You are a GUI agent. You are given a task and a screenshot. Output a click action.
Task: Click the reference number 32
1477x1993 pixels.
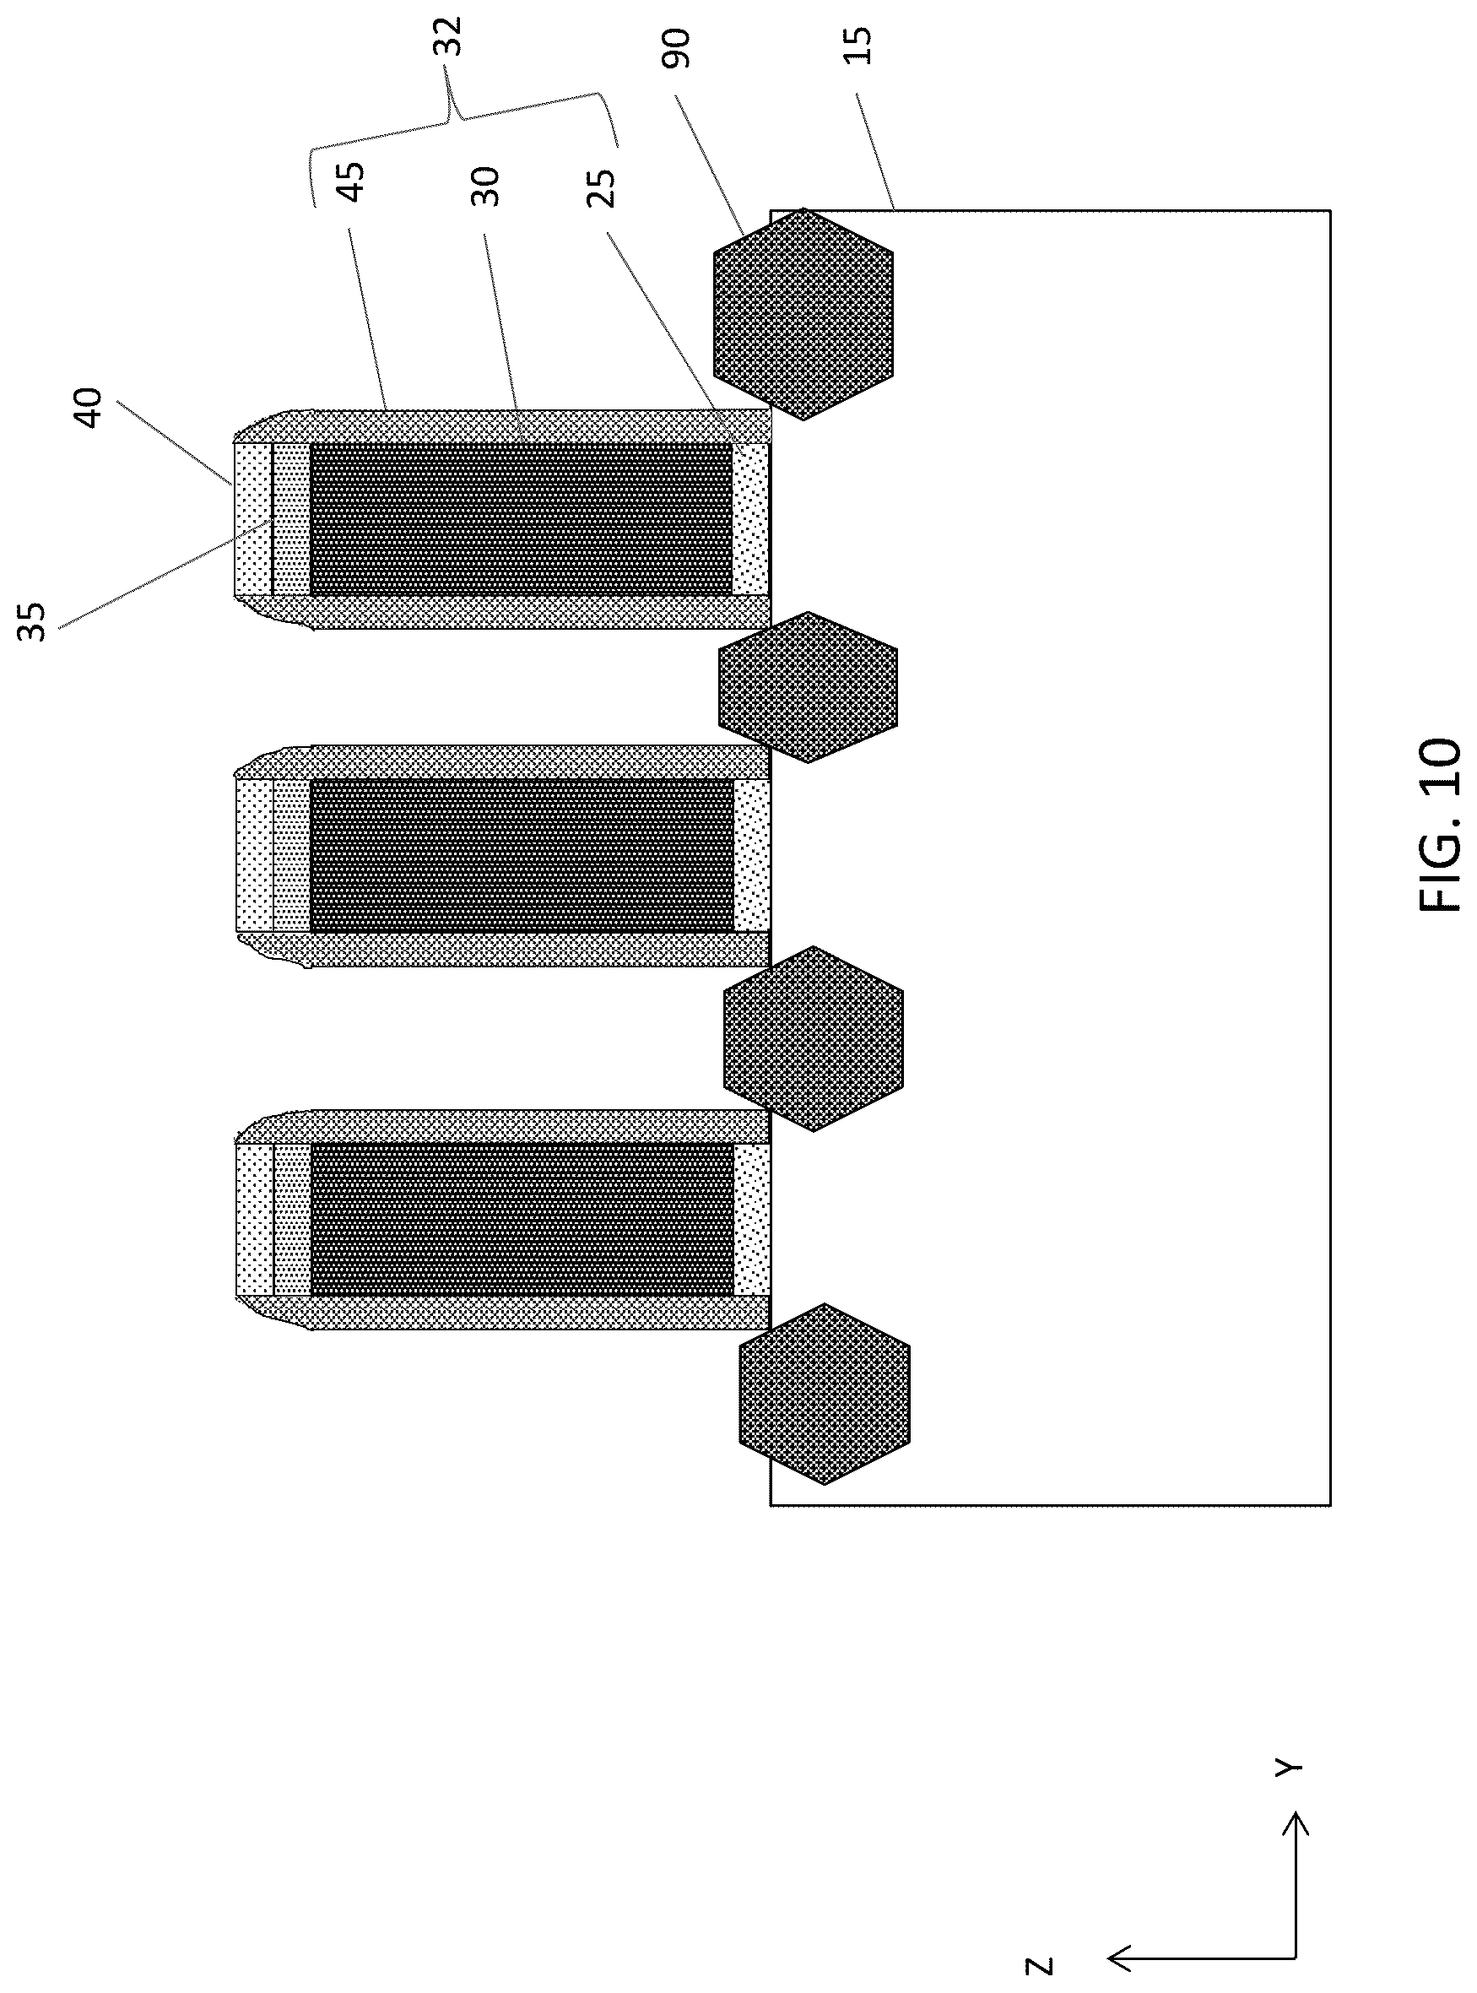(x=452, y=36)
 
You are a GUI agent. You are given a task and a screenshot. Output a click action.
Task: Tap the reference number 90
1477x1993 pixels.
(x=677, y=48)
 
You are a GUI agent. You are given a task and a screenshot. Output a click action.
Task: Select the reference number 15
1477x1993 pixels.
(x=857, y=44)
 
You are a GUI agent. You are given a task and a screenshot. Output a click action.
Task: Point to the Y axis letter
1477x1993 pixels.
(x=1288, y=1768)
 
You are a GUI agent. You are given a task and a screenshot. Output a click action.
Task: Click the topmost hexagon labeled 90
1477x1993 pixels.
(x=803, y=314)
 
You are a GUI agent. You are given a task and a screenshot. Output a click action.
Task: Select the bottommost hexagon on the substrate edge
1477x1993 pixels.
(x=825, y=1394)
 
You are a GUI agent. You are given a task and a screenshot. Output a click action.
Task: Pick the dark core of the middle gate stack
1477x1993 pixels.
(x=522, y=856)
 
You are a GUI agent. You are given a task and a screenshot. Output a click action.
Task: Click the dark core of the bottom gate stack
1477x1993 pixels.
(x=522, y=1220)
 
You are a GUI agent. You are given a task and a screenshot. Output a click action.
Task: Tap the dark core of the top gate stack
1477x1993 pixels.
(x=522, y=518)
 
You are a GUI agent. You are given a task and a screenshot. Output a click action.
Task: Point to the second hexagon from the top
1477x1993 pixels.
(x=808, y=686)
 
